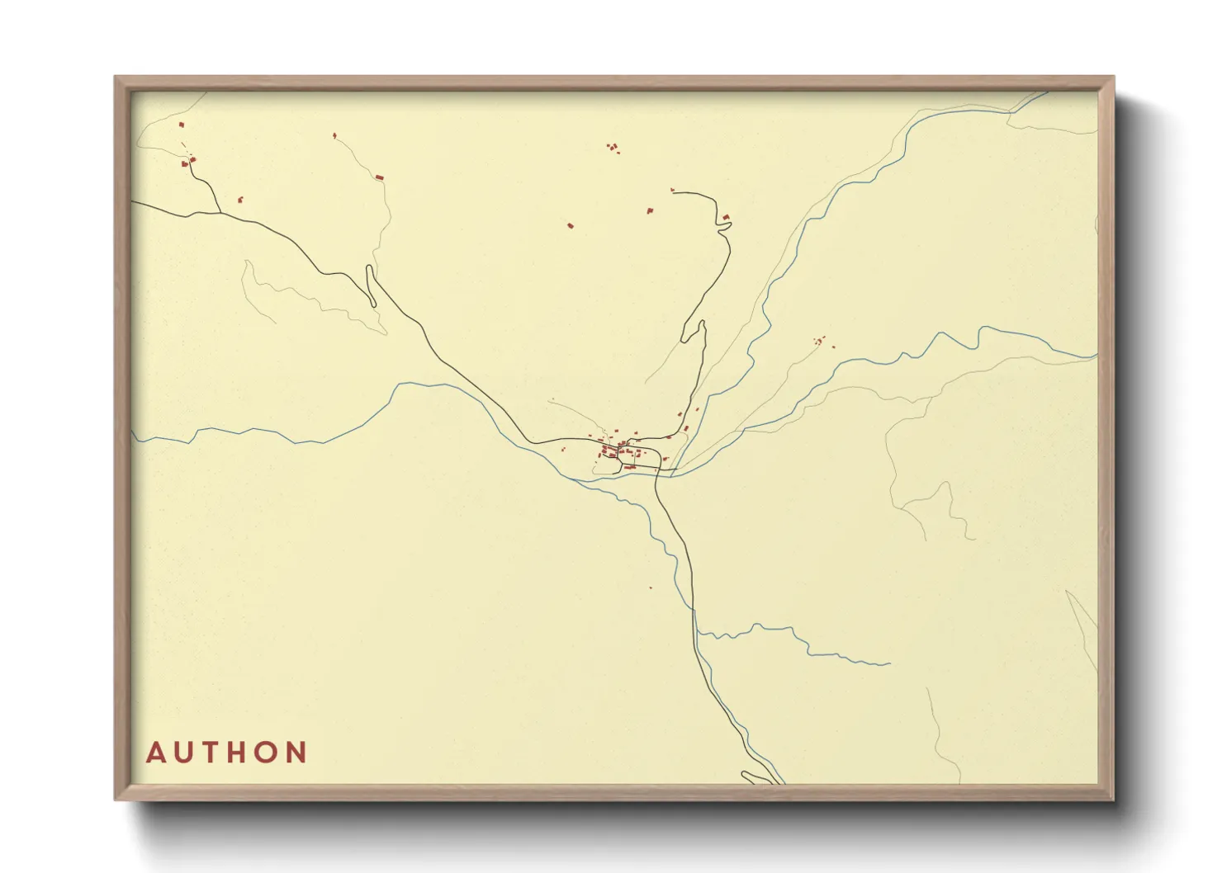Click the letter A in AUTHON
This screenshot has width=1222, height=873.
156,753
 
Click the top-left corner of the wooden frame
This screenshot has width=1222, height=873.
116,78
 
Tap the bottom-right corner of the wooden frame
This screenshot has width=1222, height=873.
1113,799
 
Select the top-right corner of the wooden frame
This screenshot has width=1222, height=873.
1113,78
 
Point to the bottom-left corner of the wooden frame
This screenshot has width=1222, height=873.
116,799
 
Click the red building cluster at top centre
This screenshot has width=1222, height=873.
613,148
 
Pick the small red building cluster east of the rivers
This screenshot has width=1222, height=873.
821,341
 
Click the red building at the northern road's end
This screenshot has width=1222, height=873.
726,217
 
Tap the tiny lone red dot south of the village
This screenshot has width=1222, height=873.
651,588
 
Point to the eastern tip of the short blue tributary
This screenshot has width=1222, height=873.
890,663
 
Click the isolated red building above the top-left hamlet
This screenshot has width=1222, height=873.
182,125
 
